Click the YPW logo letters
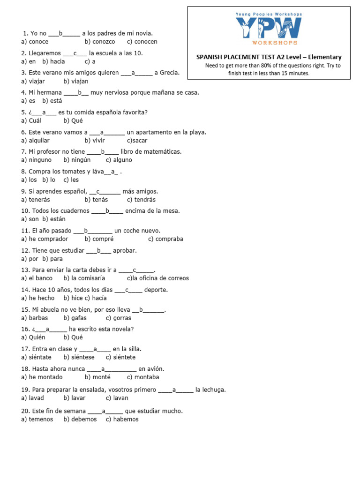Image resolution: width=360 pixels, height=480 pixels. pos(269,28)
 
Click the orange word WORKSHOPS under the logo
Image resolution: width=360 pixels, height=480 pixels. pos(269,43)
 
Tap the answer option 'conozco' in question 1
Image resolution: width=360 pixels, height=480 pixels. pos(103,42)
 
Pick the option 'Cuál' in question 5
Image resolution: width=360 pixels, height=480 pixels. pos(35,120)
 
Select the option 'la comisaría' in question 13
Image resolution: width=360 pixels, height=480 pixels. pos(88,278)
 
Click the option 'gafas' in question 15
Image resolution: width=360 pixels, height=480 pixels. pos(78,318)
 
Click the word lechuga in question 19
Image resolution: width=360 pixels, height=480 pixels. pos(210,390)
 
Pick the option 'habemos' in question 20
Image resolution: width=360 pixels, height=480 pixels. pos(126,419)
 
